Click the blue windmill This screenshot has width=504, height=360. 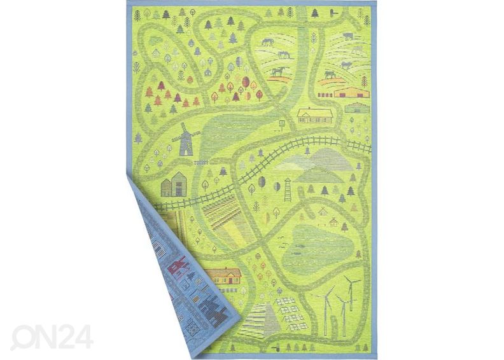[x=186, y=140]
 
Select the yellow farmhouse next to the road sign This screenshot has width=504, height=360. [x=315, y=115]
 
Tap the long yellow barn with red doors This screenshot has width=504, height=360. [x=351, y=92]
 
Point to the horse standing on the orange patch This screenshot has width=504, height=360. [x=279, y=72]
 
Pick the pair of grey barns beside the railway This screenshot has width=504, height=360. [x=173, y=185]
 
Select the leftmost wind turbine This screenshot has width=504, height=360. [x=328, y=308]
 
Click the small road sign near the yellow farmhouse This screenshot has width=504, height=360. [x=282, y=123]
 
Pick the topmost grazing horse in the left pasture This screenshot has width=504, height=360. [x=267, y=43]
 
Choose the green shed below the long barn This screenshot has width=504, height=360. [x=357, y=109]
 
